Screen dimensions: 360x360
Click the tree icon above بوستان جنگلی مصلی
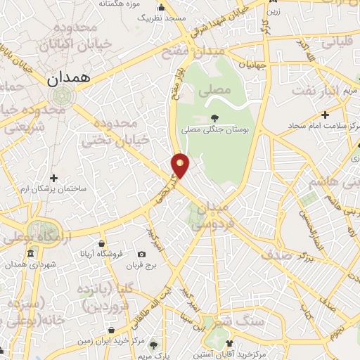(214, 118)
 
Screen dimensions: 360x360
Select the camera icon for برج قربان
(142, 254)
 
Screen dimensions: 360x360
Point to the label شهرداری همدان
(30, 263)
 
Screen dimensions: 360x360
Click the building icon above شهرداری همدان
(30, 253)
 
